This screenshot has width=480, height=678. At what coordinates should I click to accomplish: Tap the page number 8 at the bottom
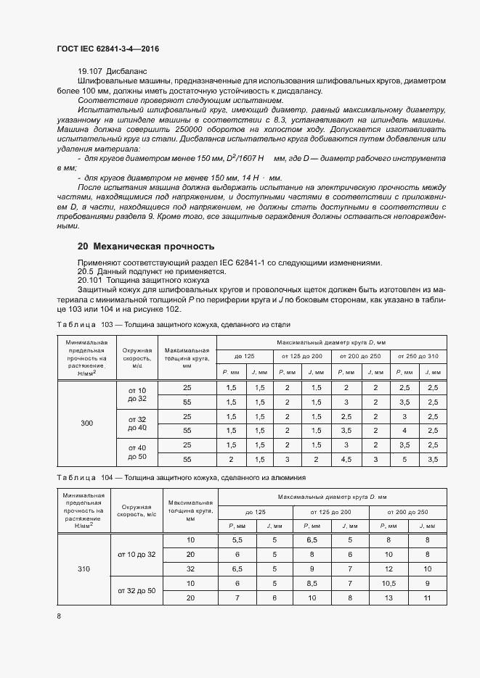(59, 616)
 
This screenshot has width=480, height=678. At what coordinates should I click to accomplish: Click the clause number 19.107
(90, 72)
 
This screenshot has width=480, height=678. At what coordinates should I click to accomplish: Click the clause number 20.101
(90, 279)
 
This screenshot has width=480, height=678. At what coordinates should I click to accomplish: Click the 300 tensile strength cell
(87, 423)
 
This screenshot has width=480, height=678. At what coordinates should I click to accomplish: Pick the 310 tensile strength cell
(84, 569)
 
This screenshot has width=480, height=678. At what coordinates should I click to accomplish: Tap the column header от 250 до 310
(418, 356)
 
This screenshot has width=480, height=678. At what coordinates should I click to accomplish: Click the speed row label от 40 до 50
(137, 452)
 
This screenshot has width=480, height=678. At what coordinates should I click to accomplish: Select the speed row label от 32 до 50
(137, 590)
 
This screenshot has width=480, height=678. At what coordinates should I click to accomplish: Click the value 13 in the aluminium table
(389, 597)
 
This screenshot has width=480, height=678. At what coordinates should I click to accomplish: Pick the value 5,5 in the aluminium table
(237, 540)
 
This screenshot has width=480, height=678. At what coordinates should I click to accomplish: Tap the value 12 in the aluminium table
(389, 569)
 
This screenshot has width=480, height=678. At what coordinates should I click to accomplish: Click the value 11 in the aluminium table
(427, 597)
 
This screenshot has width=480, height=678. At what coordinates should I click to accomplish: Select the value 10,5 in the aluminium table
(389, 583)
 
